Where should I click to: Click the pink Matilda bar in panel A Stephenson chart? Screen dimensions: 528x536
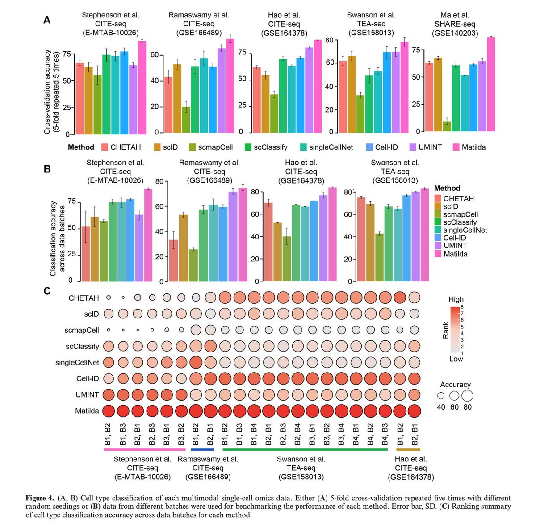click(x=142, y=87)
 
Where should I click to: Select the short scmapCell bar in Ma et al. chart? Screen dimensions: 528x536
click(x=447, y=126)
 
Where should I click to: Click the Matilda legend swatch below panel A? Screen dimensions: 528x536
click(x=456, y=147)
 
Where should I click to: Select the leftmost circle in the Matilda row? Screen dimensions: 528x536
click(x=108, y=411)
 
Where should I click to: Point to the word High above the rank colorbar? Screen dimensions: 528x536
click(x=456, y=299)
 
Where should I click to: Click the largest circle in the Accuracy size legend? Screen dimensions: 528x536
click(x=467, y=396)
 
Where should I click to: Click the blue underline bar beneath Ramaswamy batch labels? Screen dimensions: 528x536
click(x=203, y=450)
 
